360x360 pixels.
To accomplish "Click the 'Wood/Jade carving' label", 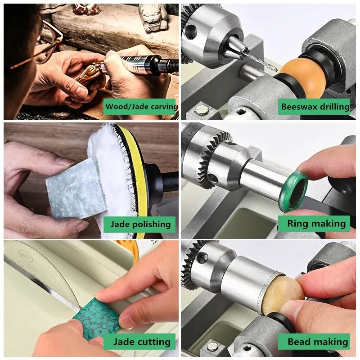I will point(141,108).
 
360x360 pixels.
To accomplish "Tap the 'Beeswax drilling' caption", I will point(315,107).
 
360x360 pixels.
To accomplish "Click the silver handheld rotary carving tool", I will point(135,63).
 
